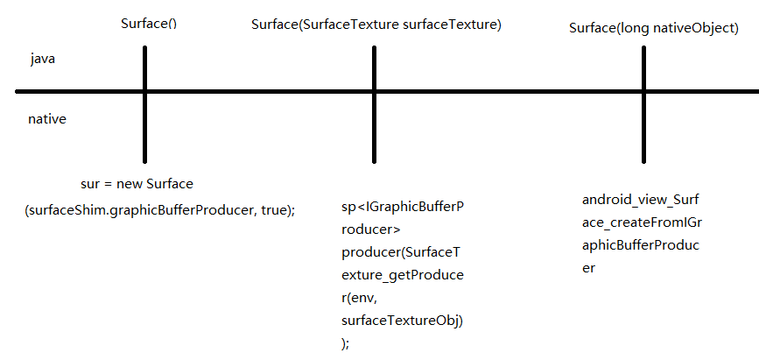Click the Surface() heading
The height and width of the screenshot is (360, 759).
(149, 23)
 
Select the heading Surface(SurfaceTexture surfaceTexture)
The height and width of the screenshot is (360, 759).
(376, 25)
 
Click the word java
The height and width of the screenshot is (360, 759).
(44, 59)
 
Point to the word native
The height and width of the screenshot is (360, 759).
(47, 118)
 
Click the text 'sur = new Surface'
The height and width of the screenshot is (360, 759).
(137, 185)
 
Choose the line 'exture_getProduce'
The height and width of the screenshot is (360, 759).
(402, 275)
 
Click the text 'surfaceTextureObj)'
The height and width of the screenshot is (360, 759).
(402, 321)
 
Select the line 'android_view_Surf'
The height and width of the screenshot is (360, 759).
(642, 200)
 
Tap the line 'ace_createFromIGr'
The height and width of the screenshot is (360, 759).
(642, 222)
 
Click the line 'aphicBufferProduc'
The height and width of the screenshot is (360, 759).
(642, 245)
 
